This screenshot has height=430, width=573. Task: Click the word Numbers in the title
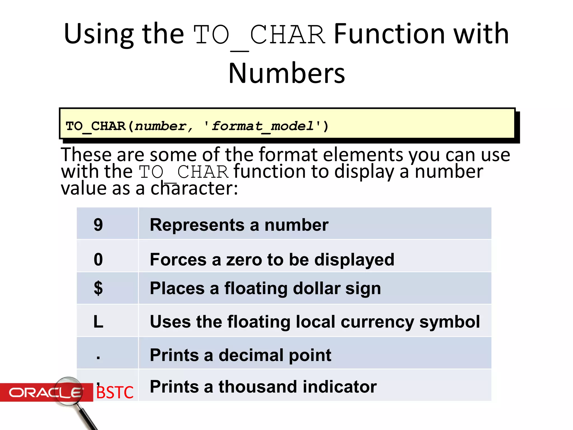click(286, 73)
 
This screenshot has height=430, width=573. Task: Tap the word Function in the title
click(389, 34)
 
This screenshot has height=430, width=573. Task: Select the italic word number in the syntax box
click(160, 126)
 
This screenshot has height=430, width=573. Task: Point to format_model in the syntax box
click(262, 126)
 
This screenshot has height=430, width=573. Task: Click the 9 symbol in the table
click(98, 225)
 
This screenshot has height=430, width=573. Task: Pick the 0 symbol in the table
click(98, 259)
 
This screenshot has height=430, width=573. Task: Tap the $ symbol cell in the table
click(98, 288)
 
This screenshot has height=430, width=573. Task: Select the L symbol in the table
click(98, 321)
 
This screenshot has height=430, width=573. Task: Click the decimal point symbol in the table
click(98, 357)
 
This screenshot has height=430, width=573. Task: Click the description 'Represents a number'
click(239, 225)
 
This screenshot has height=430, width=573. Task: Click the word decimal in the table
click(251, 355)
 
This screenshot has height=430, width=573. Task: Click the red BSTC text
click(115, 392)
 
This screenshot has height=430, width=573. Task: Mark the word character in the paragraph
click(194, 188)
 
